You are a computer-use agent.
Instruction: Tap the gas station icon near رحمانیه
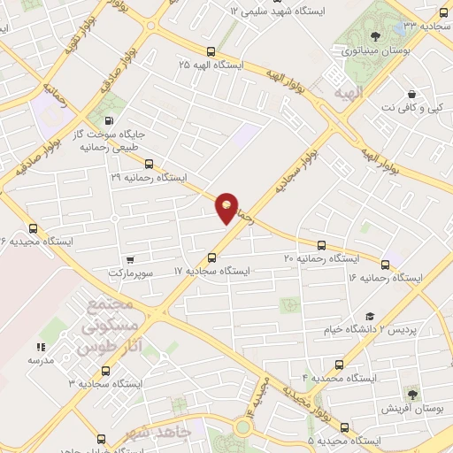pyautogui.click(x=109, y=121)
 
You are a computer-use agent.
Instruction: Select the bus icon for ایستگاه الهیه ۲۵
pyautogui.click(x=211, y=51)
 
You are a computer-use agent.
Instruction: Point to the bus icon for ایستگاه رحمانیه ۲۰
pyautogui.click(x=321, y=245)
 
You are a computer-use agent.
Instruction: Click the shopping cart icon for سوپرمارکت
pyautogui.click(x=130, y=260)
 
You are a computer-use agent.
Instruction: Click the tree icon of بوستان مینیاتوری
pyautogui.click(x=376, y=36)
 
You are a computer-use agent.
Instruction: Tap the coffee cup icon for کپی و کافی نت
pyautogui.click(x=411, y=95)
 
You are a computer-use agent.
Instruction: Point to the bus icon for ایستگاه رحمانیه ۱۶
pyautogui.click(x=385, y=265)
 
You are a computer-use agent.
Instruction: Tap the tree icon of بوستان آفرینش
pyautogui.click(x=412, y=394)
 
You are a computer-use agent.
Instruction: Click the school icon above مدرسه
pyautogui.click(x=40, y=348)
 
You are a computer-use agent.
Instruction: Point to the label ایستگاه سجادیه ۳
pyautogui.click(x=108, y=383)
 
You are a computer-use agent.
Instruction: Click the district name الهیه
pyautogui.click(x=343, y=92)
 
